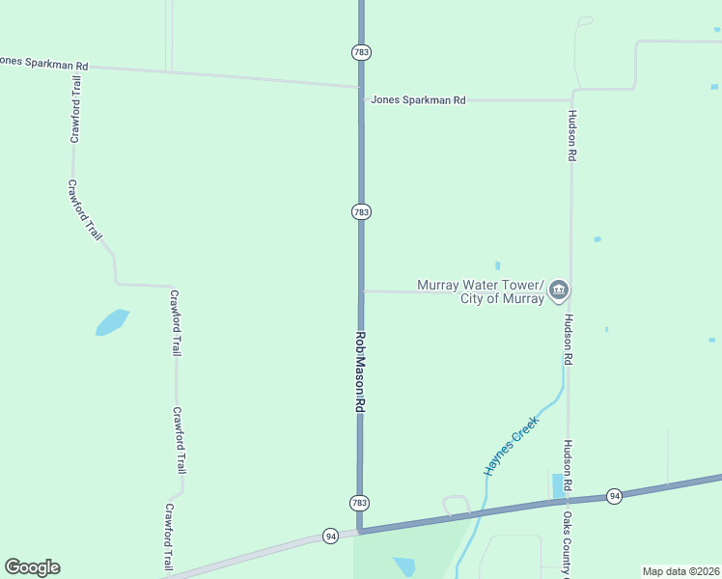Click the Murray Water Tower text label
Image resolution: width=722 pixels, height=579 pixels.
(481, 291)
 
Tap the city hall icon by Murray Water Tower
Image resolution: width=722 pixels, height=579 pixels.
(559, 289)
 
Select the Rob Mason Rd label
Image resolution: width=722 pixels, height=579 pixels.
(359, 373)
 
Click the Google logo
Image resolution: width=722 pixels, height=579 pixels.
(32, 567)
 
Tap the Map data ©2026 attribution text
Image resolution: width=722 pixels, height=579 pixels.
(680, 571)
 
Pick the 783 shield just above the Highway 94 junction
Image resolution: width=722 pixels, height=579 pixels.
(359, 503)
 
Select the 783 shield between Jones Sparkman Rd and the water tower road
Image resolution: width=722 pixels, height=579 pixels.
(361, 211)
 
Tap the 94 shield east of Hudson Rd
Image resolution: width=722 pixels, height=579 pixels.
(614, 496)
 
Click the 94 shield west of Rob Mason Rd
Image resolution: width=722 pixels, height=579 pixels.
(330, 536)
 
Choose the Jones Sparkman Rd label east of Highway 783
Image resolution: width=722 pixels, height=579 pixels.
(419, 99)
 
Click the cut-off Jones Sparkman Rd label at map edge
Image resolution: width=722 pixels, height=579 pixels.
(44, 64)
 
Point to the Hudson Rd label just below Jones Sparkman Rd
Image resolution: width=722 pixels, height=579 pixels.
(571, 134)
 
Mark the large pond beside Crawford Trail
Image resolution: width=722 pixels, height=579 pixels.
(112, 322)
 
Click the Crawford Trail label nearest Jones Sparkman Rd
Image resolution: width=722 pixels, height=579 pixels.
(73, 109)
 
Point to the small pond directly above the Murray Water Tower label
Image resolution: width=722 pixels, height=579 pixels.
(498, 265)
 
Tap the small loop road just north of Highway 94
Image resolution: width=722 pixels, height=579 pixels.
(456, 505)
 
